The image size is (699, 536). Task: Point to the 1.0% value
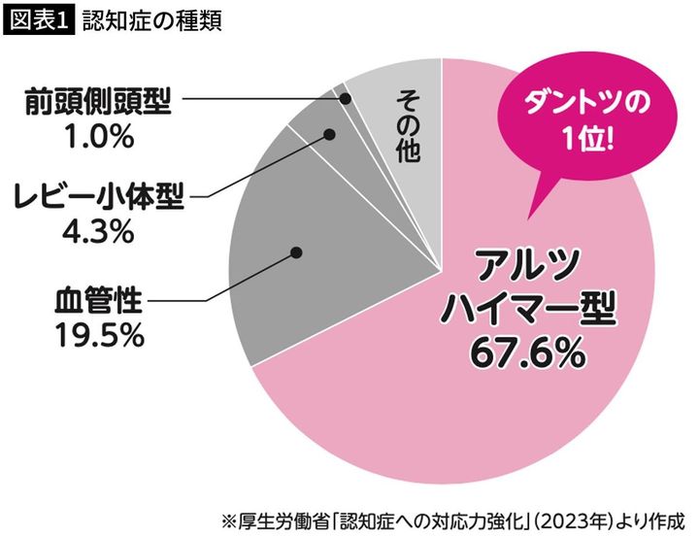97,137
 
